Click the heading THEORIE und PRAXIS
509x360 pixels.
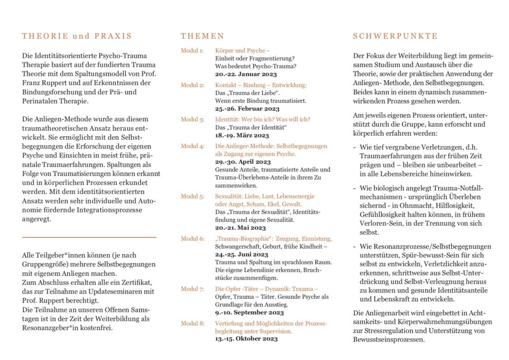click(x=77, y=36)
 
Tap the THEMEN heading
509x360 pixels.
click(x=202, y=36)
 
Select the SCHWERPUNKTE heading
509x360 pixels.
click(x=395, y=36)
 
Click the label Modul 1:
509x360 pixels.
click(x=192, y=51)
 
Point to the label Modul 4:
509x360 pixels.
click(x=192, y=146)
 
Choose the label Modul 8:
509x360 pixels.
click(x=192, y=323)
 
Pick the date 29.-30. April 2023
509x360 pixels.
click(x=243, y=162)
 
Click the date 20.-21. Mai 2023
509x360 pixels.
click(x=240, y=228)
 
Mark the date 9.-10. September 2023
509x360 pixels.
click(x=249, y=313)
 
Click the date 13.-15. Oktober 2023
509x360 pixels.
click(x=246, y=339)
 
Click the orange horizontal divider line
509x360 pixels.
click(x=89, y=237)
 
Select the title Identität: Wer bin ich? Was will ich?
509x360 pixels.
click(x=262, y=119)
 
